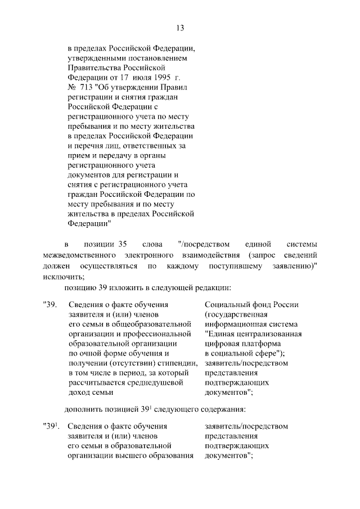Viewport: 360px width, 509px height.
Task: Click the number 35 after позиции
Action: coord(121,245)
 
